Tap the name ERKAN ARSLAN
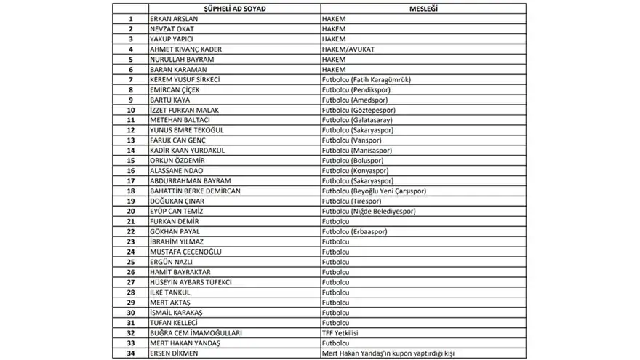172,18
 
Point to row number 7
130,79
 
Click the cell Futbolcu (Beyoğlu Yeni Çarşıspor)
374,191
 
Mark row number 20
130,212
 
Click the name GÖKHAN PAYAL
175,232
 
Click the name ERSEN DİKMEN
175,353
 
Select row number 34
130,353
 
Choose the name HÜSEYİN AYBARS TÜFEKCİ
190,282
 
